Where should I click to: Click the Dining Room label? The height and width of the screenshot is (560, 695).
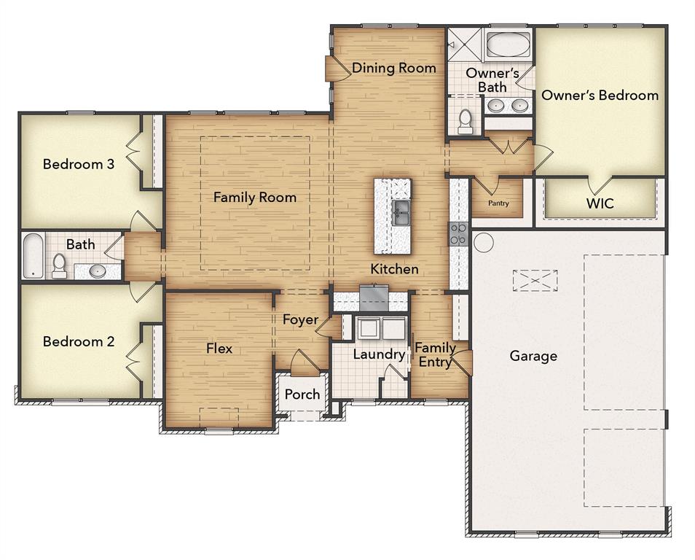pyautogui.click(x=394, y=68)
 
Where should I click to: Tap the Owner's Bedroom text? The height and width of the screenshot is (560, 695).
pyautogui.click(x=600, y=95)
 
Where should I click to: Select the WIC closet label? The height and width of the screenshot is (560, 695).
pyautogui.click(x=600, y=203)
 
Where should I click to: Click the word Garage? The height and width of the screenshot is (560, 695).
pyautogui.click(x=533, y=356)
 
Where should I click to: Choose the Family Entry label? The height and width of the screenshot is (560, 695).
pyautogui.click(x=435, y=354)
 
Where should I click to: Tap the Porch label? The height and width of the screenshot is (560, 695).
pyautogui.click(x=302, y=394)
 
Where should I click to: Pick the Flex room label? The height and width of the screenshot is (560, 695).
pyautogui.click(x=219, y=349)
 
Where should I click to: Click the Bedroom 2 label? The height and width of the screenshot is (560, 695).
pyautogui.click(x=79, y=341)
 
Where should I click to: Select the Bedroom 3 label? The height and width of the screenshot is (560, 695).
pyautogui.click(x=79, y=164)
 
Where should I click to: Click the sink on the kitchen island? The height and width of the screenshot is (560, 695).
pyautogui.click(x=401, y=213)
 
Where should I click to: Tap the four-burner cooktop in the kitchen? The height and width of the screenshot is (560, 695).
pyautogui.click(x=458, y=233)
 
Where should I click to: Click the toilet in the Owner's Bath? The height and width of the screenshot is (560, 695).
pyautogui.click(x=466, y=121)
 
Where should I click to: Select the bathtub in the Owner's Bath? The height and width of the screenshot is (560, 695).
pyautogui.click(x=507, y=44)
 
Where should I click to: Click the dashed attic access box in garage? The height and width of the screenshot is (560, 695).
pyautogui.click(x=535, y=280)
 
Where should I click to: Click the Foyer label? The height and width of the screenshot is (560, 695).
pyautogui.click(x=300, y=319)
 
